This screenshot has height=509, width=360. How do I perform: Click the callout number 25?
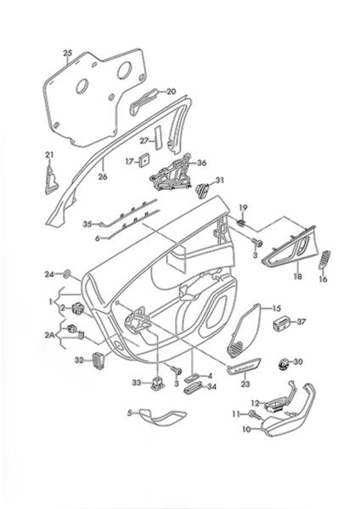click(68, 53)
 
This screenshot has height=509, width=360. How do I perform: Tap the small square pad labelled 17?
click(143, 160)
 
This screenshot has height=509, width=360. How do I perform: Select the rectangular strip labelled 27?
click(158, 138)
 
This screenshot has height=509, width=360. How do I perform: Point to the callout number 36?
click(202, 163)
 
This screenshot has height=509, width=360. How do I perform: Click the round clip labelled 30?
click(284, 364)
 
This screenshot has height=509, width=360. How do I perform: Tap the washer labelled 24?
click(67, 274)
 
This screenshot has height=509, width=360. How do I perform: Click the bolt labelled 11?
click(255, 414)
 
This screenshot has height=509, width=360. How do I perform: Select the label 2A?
click(50, 335)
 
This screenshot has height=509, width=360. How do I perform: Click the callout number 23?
click(245, 383)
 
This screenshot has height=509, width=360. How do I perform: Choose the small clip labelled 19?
click(241, 222)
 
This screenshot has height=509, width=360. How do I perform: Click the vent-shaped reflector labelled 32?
click(98, 361)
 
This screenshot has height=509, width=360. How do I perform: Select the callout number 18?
click(298, 277)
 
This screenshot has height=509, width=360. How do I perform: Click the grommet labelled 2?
click(78, 309)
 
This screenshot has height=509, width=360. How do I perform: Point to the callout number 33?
click(137, 383)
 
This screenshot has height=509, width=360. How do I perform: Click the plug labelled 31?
click(203, 190)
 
